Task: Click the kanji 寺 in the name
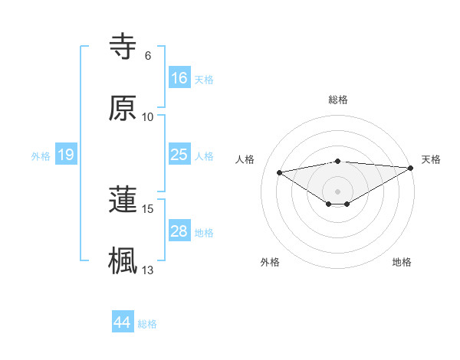coord(123,48)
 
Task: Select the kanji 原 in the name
coord(123,108)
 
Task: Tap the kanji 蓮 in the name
coord(123,200)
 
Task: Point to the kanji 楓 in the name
coord(123,260)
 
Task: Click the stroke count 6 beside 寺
coord(148,56)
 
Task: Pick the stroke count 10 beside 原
coord(148,116)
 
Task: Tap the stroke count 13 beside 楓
coord(148,269)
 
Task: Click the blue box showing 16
coord(179,78)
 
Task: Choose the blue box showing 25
coord(179,155)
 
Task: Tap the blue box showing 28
coord(179,231)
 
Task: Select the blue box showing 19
coord(66,155)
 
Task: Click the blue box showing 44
coord(123,323)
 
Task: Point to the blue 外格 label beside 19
coord(41,156)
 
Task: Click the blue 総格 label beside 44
coord(147,324)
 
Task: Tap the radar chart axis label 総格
coord(338,100)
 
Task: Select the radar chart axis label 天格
coord(431,159)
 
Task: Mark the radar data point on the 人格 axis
coord(280,172)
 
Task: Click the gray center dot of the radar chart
coord(338,191)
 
